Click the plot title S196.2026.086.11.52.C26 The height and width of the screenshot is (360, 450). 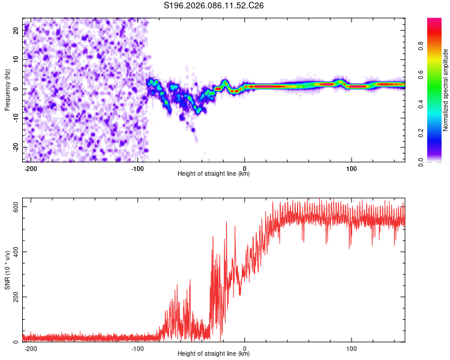pos(214,6)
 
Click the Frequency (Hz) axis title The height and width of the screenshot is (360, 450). pos(7,90)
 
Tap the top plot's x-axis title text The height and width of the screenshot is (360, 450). pos(214,174)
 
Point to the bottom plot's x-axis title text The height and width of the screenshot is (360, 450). pos(214,354)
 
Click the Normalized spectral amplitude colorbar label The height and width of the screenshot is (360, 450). pos(445,90)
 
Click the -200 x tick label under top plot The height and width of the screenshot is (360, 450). pos(31,167)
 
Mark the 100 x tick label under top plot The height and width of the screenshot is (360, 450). pos(351,167)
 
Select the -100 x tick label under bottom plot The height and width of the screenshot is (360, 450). pos(137,347)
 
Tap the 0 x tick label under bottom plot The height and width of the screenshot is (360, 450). pos(244,347)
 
